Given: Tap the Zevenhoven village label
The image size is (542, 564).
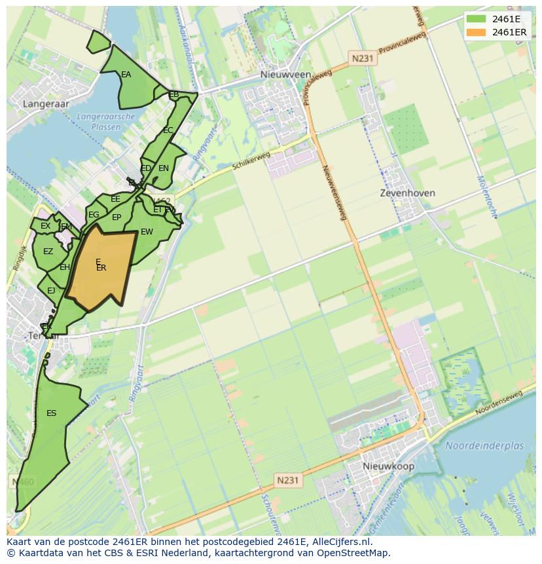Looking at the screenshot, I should point(408,193).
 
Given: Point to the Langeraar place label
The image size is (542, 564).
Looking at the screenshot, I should point(46,103).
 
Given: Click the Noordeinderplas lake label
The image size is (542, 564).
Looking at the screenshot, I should point(484,445).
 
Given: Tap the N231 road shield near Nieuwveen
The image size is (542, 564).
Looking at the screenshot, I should point(362,58).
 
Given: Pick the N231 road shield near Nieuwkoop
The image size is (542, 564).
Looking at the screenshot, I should point(287,480).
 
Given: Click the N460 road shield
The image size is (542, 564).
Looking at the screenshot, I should point(23,482).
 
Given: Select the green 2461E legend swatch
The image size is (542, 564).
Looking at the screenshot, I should point(476,18).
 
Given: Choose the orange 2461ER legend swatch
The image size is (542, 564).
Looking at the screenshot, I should point(476,32).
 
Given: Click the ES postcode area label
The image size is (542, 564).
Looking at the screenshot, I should point(52,413).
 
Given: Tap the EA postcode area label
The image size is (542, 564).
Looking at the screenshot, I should point(126,75).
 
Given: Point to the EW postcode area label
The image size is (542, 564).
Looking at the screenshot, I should point(147,232).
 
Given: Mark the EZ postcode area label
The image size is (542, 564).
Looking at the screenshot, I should point(48,252).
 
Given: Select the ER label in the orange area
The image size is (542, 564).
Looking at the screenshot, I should point(101,268).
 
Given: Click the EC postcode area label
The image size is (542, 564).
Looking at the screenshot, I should point(168,130).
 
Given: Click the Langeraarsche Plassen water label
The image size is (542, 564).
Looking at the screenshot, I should point(105,122).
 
